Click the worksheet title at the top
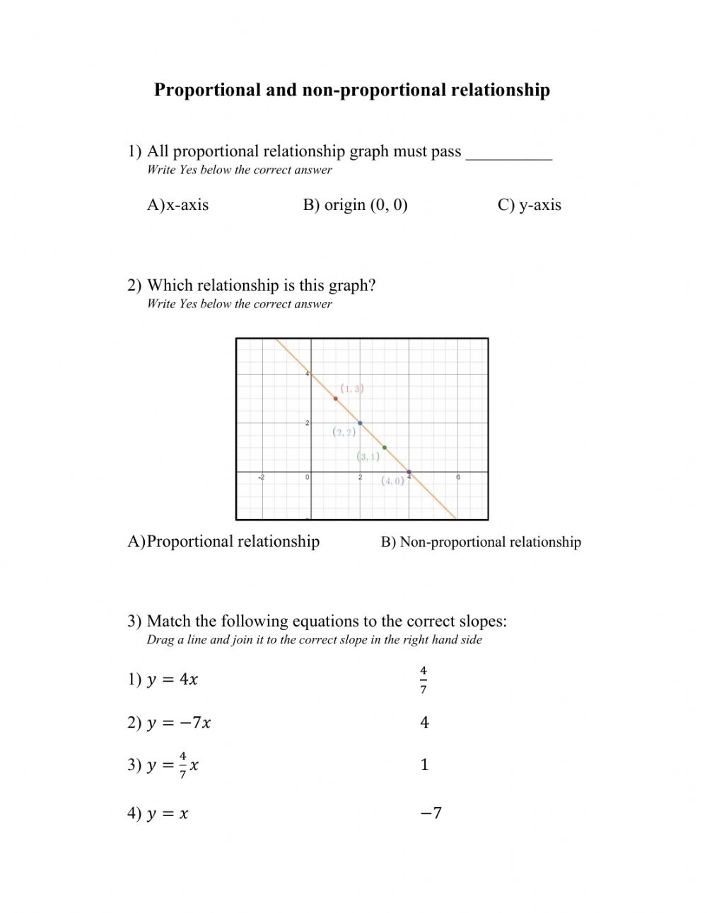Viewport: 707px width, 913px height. point(352,91)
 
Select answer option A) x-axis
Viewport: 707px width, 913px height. point(178,205)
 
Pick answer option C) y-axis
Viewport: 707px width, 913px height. point(530,205)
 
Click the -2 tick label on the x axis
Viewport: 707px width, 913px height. point(261,477)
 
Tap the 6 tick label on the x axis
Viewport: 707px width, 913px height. point(458,477)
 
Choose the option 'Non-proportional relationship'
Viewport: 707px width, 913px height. point(481,542)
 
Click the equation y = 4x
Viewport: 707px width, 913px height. point(172,680)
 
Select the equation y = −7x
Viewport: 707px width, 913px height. point(178,723)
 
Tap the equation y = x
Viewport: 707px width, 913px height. point(168,814)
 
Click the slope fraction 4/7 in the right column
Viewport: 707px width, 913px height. point(423,680)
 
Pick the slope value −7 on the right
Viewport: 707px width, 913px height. point(431,813)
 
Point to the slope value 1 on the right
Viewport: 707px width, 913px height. point(424,764)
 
